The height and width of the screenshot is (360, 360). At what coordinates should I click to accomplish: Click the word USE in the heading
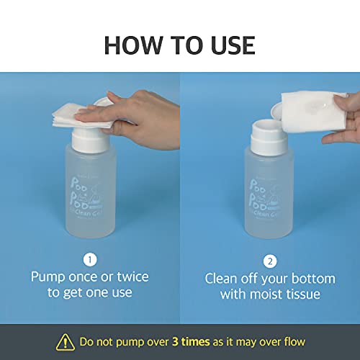[229, 45]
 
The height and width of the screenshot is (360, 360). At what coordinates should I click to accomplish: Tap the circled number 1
[89, 259]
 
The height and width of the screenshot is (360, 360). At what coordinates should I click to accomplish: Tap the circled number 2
[269, 259]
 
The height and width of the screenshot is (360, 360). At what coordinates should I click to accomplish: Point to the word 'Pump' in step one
[48, 276]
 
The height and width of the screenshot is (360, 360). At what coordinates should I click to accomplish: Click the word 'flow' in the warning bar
[294, 341]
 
